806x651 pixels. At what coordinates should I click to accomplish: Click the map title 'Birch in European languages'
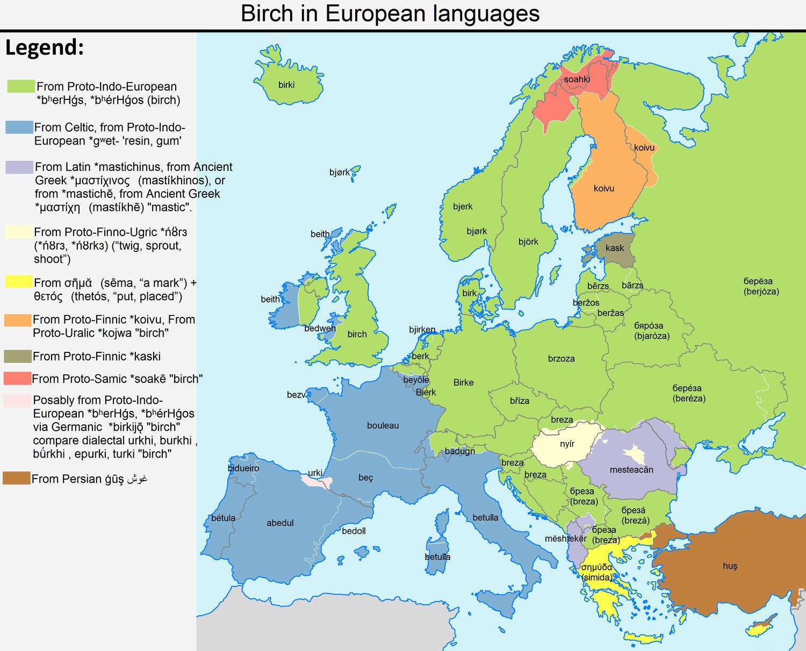pos(390,13)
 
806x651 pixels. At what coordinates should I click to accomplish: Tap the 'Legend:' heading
pos(45,47)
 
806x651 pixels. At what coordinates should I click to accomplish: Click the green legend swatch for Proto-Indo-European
pos(21,86)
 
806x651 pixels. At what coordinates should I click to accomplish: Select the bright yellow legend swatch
pos(18,281)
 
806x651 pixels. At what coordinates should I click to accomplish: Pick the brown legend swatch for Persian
pos(17,478)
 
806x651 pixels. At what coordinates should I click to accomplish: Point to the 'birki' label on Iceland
pos(286,85)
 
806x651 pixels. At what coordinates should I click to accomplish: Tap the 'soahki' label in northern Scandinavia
pos(577,79)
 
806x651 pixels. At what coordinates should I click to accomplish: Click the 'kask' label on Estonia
pos(615,248)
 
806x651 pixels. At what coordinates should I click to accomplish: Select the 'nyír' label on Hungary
pos(567,444)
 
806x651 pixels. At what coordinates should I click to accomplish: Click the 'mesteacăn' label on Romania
pos(631,470)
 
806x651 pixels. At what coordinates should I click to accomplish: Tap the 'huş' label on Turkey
pos(730,566)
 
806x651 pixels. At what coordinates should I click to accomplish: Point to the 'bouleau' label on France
pos(383,425)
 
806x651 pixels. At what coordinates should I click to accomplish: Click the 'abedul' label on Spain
pos(280,523)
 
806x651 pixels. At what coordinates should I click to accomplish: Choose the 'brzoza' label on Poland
pos(561,359)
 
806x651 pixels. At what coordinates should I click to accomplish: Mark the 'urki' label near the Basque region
pos(315,473)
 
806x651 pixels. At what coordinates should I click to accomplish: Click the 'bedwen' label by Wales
pos(320,328)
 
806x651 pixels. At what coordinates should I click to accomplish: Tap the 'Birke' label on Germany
pos(463,382)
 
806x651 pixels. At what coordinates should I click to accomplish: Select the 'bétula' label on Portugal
pos(223,518)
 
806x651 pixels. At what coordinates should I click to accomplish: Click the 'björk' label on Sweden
pos(528,242)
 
